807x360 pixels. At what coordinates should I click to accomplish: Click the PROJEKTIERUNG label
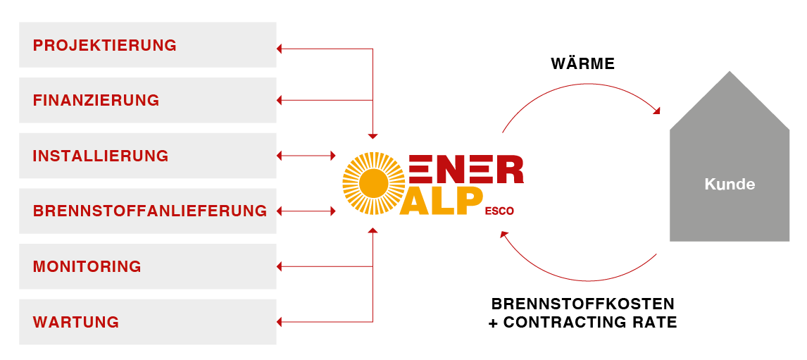[x=104, y=46]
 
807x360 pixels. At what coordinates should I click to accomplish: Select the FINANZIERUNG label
[x=96, y=101]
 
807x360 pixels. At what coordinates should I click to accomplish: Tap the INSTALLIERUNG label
[x=101, y=156]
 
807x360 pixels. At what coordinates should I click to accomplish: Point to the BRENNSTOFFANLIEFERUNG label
[x=149, y=211]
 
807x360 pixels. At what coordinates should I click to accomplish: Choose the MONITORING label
[x=87, y=267]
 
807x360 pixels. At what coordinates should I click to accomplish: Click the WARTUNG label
[x=75, y=323]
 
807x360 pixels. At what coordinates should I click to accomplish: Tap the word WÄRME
[x=582, y=64]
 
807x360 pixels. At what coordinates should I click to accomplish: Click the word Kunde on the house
[x=730, y=185]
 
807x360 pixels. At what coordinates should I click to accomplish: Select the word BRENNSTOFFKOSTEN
[x=582, y=304]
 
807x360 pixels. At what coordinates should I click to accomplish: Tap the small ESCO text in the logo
[x=499, y=209]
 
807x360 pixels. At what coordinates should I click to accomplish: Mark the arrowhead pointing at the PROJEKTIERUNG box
[x=280, y=49]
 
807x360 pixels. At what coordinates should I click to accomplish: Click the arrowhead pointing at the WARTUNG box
[x=280, y=322]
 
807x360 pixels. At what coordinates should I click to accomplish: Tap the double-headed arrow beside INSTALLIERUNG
[x=307, y=155]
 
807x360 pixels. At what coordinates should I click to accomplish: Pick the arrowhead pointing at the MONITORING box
[x=280, y=266]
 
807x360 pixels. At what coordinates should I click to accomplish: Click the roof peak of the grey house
[x=730, y=72]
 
